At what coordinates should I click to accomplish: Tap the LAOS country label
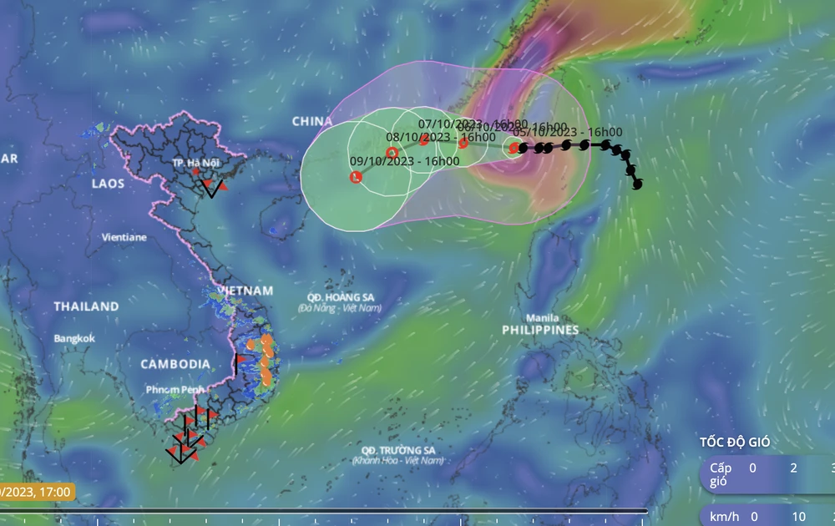click(x=109, y=183)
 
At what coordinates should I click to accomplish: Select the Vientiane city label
click(x=124, y=237)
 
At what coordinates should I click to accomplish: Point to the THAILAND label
click(x=87, y=306)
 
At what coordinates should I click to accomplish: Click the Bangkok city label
click(x=74, y=338)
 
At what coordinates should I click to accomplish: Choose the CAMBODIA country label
click(x=175, y=364)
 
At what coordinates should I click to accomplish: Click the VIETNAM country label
click(x=245, y=291)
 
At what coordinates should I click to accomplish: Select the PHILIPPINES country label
click(x=540, y=331)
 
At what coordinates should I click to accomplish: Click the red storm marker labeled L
click(x=356, y=177)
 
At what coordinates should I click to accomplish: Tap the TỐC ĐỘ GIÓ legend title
click(x=735, y=443)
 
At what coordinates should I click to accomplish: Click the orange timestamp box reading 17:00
click(x=37, y=493)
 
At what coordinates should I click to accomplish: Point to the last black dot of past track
click(x=638, y=184)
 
